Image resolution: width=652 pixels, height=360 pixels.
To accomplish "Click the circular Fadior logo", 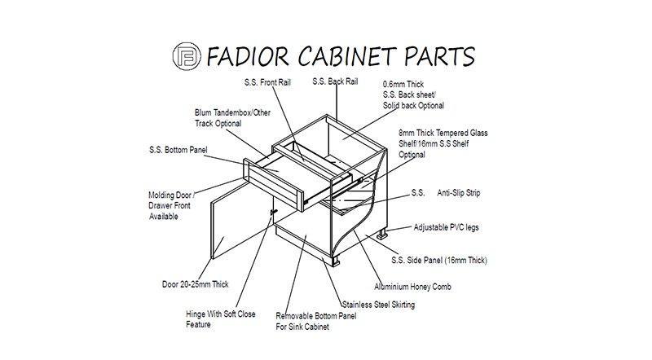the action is click(x=187, y=55).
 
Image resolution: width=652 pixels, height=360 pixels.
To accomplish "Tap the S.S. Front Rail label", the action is click(x=268, y=82).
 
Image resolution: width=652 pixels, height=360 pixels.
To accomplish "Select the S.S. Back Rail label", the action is click(x=335, y=81).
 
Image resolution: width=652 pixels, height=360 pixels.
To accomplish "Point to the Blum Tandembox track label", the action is click(x=232, y=118).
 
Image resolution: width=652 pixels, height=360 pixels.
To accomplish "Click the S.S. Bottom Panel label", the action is click(x=178, y=150).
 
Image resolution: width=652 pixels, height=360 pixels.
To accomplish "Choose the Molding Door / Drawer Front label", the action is click(x=170, y=205).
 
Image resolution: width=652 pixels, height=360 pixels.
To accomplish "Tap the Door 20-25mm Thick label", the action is click(x=196, y=284).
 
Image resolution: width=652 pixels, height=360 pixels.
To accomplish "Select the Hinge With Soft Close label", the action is click(x=220, y=318).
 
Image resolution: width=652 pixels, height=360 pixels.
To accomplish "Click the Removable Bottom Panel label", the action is click(x=316, y=322).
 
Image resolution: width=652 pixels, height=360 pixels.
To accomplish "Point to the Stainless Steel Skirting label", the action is click(x=378, y=305).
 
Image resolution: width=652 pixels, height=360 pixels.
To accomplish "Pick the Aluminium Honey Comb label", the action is click(x=412, y=287).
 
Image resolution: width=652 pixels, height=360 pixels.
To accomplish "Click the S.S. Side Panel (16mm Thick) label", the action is click(x=439, y=261).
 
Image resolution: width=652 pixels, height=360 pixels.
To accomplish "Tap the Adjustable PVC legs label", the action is click(x=446, y=227).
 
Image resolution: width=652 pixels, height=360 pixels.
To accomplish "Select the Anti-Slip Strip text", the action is click(x=459, y=193).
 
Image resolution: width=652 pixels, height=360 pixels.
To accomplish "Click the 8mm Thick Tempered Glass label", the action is click(x=443, y=143).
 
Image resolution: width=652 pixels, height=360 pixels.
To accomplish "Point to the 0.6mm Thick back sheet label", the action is click(x=413, y=94).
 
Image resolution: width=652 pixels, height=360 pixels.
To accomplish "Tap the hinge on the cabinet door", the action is click(x=273, y=212).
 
